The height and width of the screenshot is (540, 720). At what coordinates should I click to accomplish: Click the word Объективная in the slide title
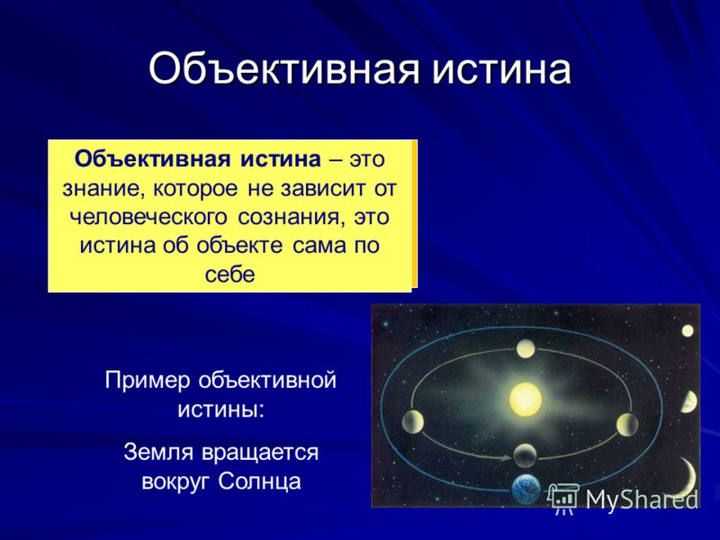point(283,70)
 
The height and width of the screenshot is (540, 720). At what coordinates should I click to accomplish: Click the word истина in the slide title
point(501,70)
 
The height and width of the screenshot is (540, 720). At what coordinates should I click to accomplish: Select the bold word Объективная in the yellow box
point(152,159)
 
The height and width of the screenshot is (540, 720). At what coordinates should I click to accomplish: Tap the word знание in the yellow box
point(101,188)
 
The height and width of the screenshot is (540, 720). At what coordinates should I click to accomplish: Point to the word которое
point(195,188)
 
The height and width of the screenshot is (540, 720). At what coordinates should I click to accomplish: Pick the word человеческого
point(148,217)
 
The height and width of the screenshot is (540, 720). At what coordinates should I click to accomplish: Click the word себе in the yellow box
point(229,274)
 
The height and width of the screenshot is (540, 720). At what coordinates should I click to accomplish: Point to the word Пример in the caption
point(148,382)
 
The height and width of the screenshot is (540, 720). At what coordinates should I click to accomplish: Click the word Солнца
point(259,481)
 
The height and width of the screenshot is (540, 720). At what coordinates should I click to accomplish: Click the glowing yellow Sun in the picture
point(526,399)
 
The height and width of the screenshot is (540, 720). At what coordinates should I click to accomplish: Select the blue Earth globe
point(526,489)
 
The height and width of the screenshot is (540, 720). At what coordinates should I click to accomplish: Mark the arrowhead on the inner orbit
point(506,458)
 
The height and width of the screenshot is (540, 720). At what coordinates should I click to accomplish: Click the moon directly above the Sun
point(526,349)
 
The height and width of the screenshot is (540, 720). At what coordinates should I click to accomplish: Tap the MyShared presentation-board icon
point(563,499)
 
